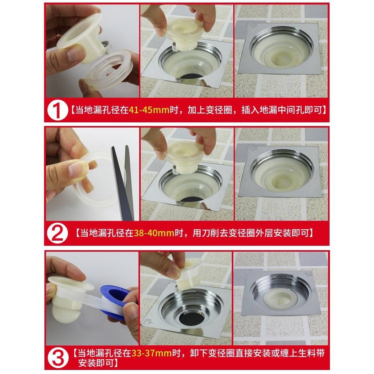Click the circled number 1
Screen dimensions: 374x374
tap(57, 110)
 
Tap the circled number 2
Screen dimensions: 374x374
tap(57, 233)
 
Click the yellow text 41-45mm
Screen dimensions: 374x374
tap(149, 110)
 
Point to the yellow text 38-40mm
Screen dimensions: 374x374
tap(154, 233)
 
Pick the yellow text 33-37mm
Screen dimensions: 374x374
tap(151, 353)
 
